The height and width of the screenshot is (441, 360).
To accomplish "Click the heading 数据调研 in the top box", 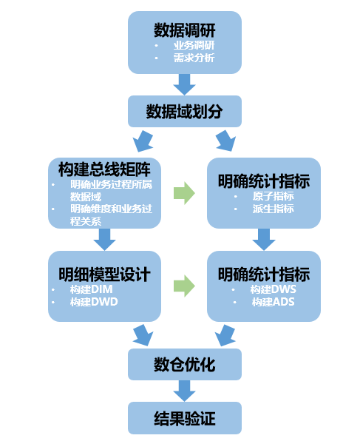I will (185, 30).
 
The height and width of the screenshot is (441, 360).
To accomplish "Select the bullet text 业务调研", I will (189, 46).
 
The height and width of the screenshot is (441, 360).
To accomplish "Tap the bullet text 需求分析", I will (189, 58).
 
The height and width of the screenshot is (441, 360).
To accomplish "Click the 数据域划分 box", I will (185, 112).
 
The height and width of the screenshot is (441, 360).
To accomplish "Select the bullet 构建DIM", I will (94, 290).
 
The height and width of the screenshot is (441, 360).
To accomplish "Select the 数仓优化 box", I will (185, 364).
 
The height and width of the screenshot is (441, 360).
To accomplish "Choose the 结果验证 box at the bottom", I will (185, 418).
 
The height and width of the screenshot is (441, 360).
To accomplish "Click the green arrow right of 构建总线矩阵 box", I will (184, 194).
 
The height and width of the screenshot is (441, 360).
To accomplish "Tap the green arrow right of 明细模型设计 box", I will (184, 286).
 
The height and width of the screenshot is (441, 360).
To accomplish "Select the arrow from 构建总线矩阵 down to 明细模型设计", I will (104, 239).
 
